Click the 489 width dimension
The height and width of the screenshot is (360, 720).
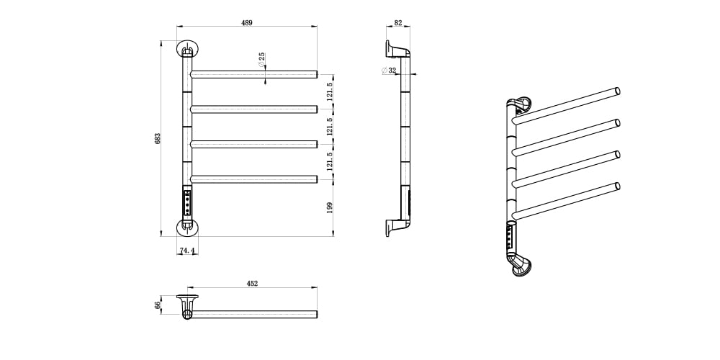point(246,22)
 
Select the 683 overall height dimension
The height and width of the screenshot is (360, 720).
point(157,139)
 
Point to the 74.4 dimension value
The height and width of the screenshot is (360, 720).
point(187,251)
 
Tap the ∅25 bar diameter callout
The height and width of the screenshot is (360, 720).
point(261,60)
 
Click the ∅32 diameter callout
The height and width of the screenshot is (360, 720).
point(389,71)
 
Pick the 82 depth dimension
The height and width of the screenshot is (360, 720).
point(397,22)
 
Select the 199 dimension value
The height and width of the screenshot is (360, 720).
point(329,207)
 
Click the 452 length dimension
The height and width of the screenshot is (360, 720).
point(252,283)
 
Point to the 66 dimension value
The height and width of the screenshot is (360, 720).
point(157,305)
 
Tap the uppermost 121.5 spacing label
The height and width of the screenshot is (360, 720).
point(329,91)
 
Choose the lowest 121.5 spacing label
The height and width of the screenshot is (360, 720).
point(329,161)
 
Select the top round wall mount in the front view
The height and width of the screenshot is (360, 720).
point(187,48)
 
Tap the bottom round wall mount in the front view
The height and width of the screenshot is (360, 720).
point(187,228)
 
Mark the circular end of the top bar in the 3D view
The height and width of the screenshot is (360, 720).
point(618,91)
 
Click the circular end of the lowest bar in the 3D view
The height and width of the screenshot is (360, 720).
point(618,186)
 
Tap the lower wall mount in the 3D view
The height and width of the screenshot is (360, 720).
point(521,267)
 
